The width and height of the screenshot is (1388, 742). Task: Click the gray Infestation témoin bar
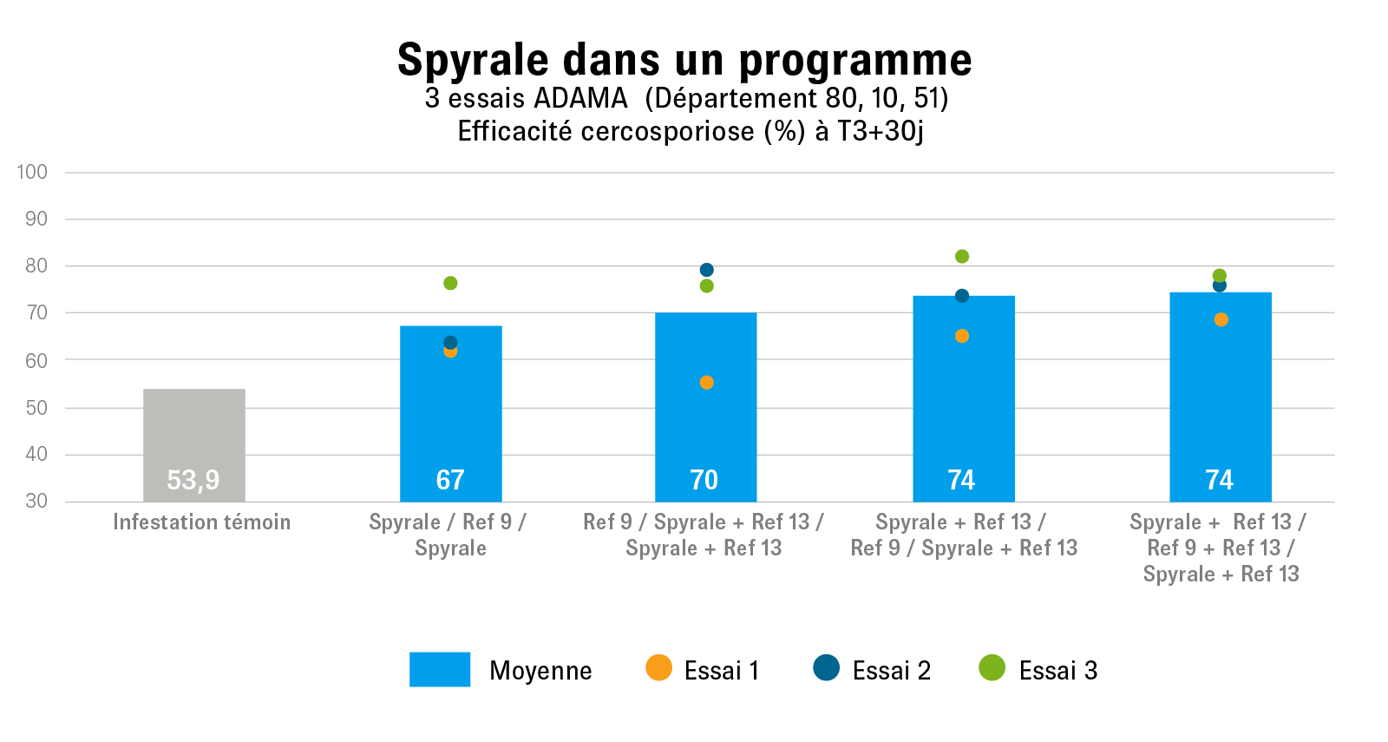pyautogui.click(x=193, y=434)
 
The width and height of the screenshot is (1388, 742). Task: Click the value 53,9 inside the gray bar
pyautogui.click(x=193, y=480)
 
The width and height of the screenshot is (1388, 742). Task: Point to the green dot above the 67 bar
pyautogui.click(x=450, y=283)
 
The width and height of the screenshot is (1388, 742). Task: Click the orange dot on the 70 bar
pyautogui.click(x=706, y=383)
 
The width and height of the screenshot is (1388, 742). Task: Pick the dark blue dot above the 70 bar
pyautogui.click(x=706, y=270)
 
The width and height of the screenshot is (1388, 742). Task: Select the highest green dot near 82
pyautogui.click(x=961, y=256)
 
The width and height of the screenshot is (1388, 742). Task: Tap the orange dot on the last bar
pyautogui.click(x=1221, y=319)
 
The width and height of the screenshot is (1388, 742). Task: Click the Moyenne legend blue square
pyautogui.click(x=440, y=669)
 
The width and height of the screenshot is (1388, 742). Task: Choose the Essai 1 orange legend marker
pyautogui.click(x=658, y=667)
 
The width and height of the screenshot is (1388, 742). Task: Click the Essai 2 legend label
pyautogui.click(x=891, y=671)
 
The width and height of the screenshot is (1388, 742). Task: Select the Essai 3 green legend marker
pyautogui.click(x=992, y=667)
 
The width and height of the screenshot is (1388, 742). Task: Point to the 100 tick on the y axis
pyautogui.click(x=32, y=172)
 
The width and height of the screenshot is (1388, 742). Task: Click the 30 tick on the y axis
pyautogui.click(x=36, y=501)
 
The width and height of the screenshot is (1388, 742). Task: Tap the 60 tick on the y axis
pyautogui.click(x=36, y=360)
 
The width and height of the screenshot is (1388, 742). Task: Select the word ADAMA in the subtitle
pyautogui.click(x=580, y=98)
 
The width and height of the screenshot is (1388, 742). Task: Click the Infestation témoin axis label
pyautogui.click(x=201, y=522)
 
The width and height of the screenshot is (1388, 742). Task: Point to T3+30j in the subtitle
pyautogui.click(x=880, y=131)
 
